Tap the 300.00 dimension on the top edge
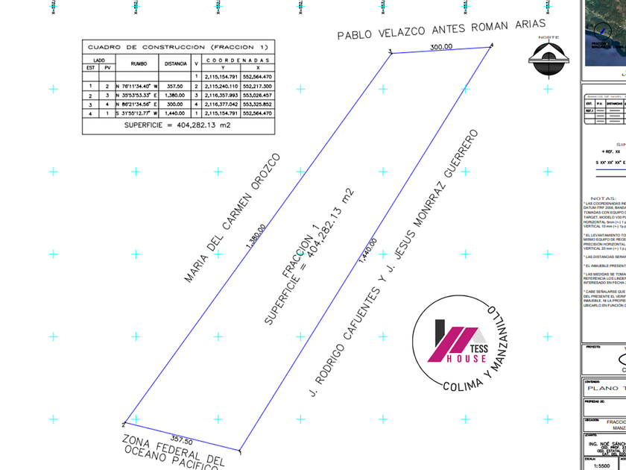[441, 46]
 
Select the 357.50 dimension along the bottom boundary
[182, 442]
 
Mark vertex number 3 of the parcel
[390, 51]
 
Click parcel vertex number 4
[491, 46]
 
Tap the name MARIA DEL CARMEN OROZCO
[232, 218]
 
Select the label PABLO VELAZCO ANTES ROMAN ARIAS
[441, 29]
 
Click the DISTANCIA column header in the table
[175, 63]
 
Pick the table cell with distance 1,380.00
[175, 95]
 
